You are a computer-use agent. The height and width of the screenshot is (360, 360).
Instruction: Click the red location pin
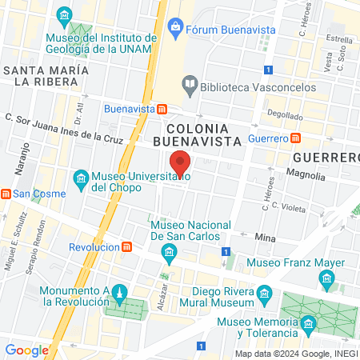click(x=181, y=163)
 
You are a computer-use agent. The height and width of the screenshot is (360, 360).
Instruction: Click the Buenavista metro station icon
click(x=162, y=109)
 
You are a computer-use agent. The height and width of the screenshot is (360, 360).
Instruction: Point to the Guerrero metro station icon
click(x=295, y=138)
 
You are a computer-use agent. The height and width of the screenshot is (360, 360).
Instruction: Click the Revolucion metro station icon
click(x=127, y=247)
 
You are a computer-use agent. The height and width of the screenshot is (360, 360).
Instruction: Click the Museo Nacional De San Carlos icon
click(x=169, y=255)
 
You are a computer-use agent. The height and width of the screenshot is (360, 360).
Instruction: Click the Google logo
click(x=26, y=350)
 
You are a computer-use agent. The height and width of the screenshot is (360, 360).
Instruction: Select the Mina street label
click(x=265, y=238)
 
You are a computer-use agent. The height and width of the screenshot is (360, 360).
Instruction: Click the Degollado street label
click(x=285, y=114)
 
